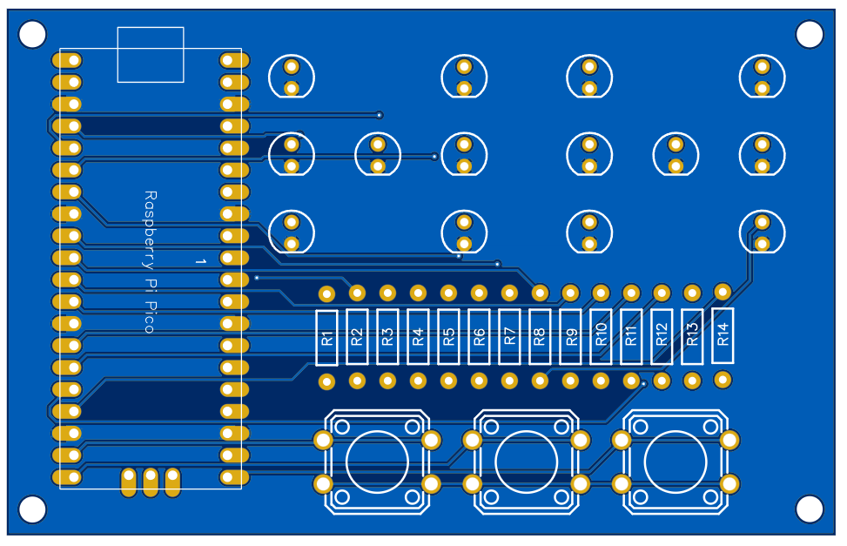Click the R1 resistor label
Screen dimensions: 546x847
click(x=327, y=338)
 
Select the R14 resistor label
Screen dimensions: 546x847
click(x=723, y=335)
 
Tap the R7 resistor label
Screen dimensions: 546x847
click(x=510, y=337)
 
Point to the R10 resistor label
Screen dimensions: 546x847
click(x=601, y=336)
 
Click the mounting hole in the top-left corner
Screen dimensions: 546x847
click(x=32, y=35)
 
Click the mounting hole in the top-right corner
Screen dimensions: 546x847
click(x=810, y=35)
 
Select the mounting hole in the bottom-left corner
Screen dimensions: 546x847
click(x=32, y=509)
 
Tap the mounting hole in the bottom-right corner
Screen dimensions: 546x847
click(x=810, y=509)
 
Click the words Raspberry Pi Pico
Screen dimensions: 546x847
click(x=150, y=262)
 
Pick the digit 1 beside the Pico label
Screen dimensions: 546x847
click(x=199, y=260)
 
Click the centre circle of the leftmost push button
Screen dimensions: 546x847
click(x=377, y=462)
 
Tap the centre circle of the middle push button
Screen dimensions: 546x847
click(x=527, y=462)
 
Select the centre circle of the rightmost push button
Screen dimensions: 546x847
click(x=676, y=462)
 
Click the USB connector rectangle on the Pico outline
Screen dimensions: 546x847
click(x=151, y=54)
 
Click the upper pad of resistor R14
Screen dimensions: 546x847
click(x=723, y=291)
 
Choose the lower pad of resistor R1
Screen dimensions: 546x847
click(x=327, y=381)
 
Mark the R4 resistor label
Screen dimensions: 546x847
click(x=419, y=337)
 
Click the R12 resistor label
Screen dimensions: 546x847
click(x=662, y=336)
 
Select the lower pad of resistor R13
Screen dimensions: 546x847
click(x=692, y=381)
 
